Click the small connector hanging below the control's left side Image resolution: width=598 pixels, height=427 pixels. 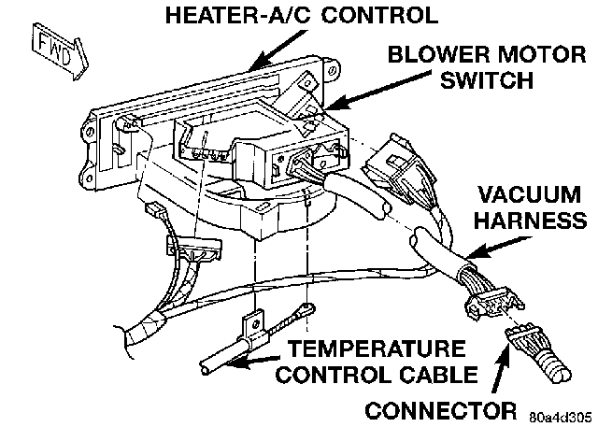[x=193, y=250]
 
